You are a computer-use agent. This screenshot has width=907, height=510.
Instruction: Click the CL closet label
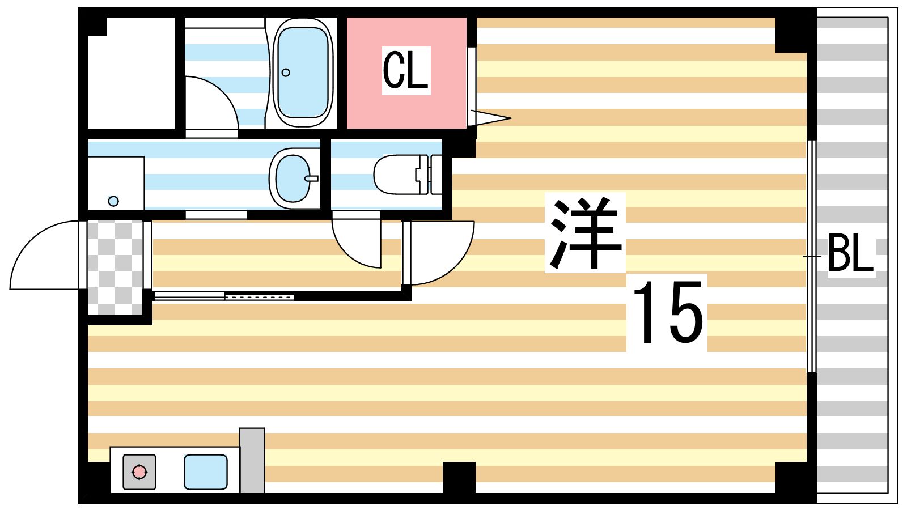(x=405, y=71)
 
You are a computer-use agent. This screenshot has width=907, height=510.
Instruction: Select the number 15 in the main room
(x=667, y=312)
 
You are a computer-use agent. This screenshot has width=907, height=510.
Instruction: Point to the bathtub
(x=302, y=72)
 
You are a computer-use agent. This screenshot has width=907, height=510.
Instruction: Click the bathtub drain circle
(x=286, y=73)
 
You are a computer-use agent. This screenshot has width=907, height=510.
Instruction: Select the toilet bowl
(x=397, y=174)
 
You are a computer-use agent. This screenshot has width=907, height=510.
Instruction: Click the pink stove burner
(x=139, y=471)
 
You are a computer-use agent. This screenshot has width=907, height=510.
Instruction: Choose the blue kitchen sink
(x=205, y=471)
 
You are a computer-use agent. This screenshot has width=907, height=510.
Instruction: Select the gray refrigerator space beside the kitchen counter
(x=252, y=460)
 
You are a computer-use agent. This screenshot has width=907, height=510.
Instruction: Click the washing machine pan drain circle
(x=113, y=201)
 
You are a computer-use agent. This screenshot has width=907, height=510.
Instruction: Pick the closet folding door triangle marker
(x=491, y=118)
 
